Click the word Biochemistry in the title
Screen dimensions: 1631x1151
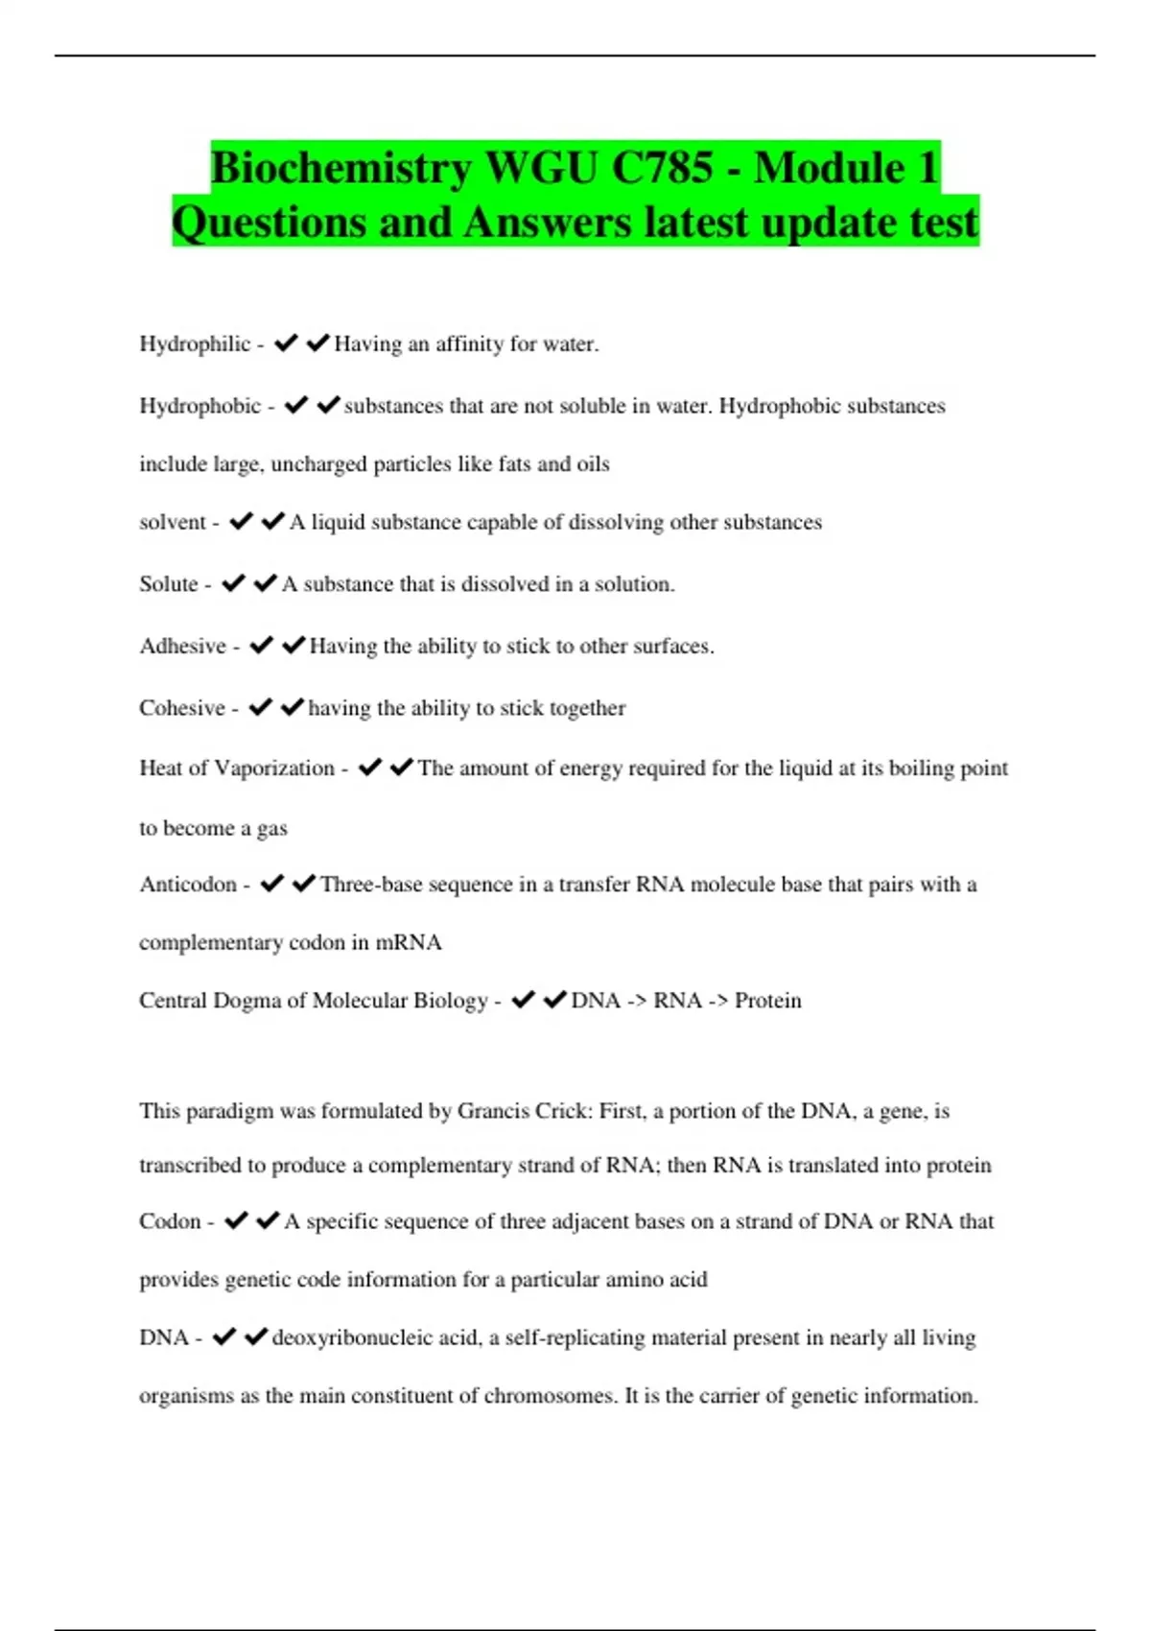click(341, 169)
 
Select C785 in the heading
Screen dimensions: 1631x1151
click(662, 169)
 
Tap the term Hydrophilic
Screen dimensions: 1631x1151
click(195, 344)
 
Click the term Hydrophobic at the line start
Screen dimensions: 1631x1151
click(200, 406)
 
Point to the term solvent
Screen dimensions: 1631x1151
click(173, 522)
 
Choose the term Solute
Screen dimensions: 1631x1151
click(169, 584)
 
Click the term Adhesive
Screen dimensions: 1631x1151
click(182, 646)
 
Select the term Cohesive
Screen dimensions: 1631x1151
click(181, 708)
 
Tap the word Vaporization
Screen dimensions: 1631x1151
click(274, 768)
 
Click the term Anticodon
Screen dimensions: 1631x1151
click(188, 885)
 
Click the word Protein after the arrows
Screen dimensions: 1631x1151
click(767, 1001)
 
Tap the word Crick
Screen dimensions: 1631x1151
click(563, 1111)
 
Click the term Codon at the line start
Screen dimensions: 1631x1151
click(170, 1221)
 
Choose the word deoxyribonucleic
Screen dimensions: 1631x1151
click(352, 1337)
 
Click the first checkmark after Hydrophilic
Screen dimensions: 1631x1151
click(286, 343)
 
